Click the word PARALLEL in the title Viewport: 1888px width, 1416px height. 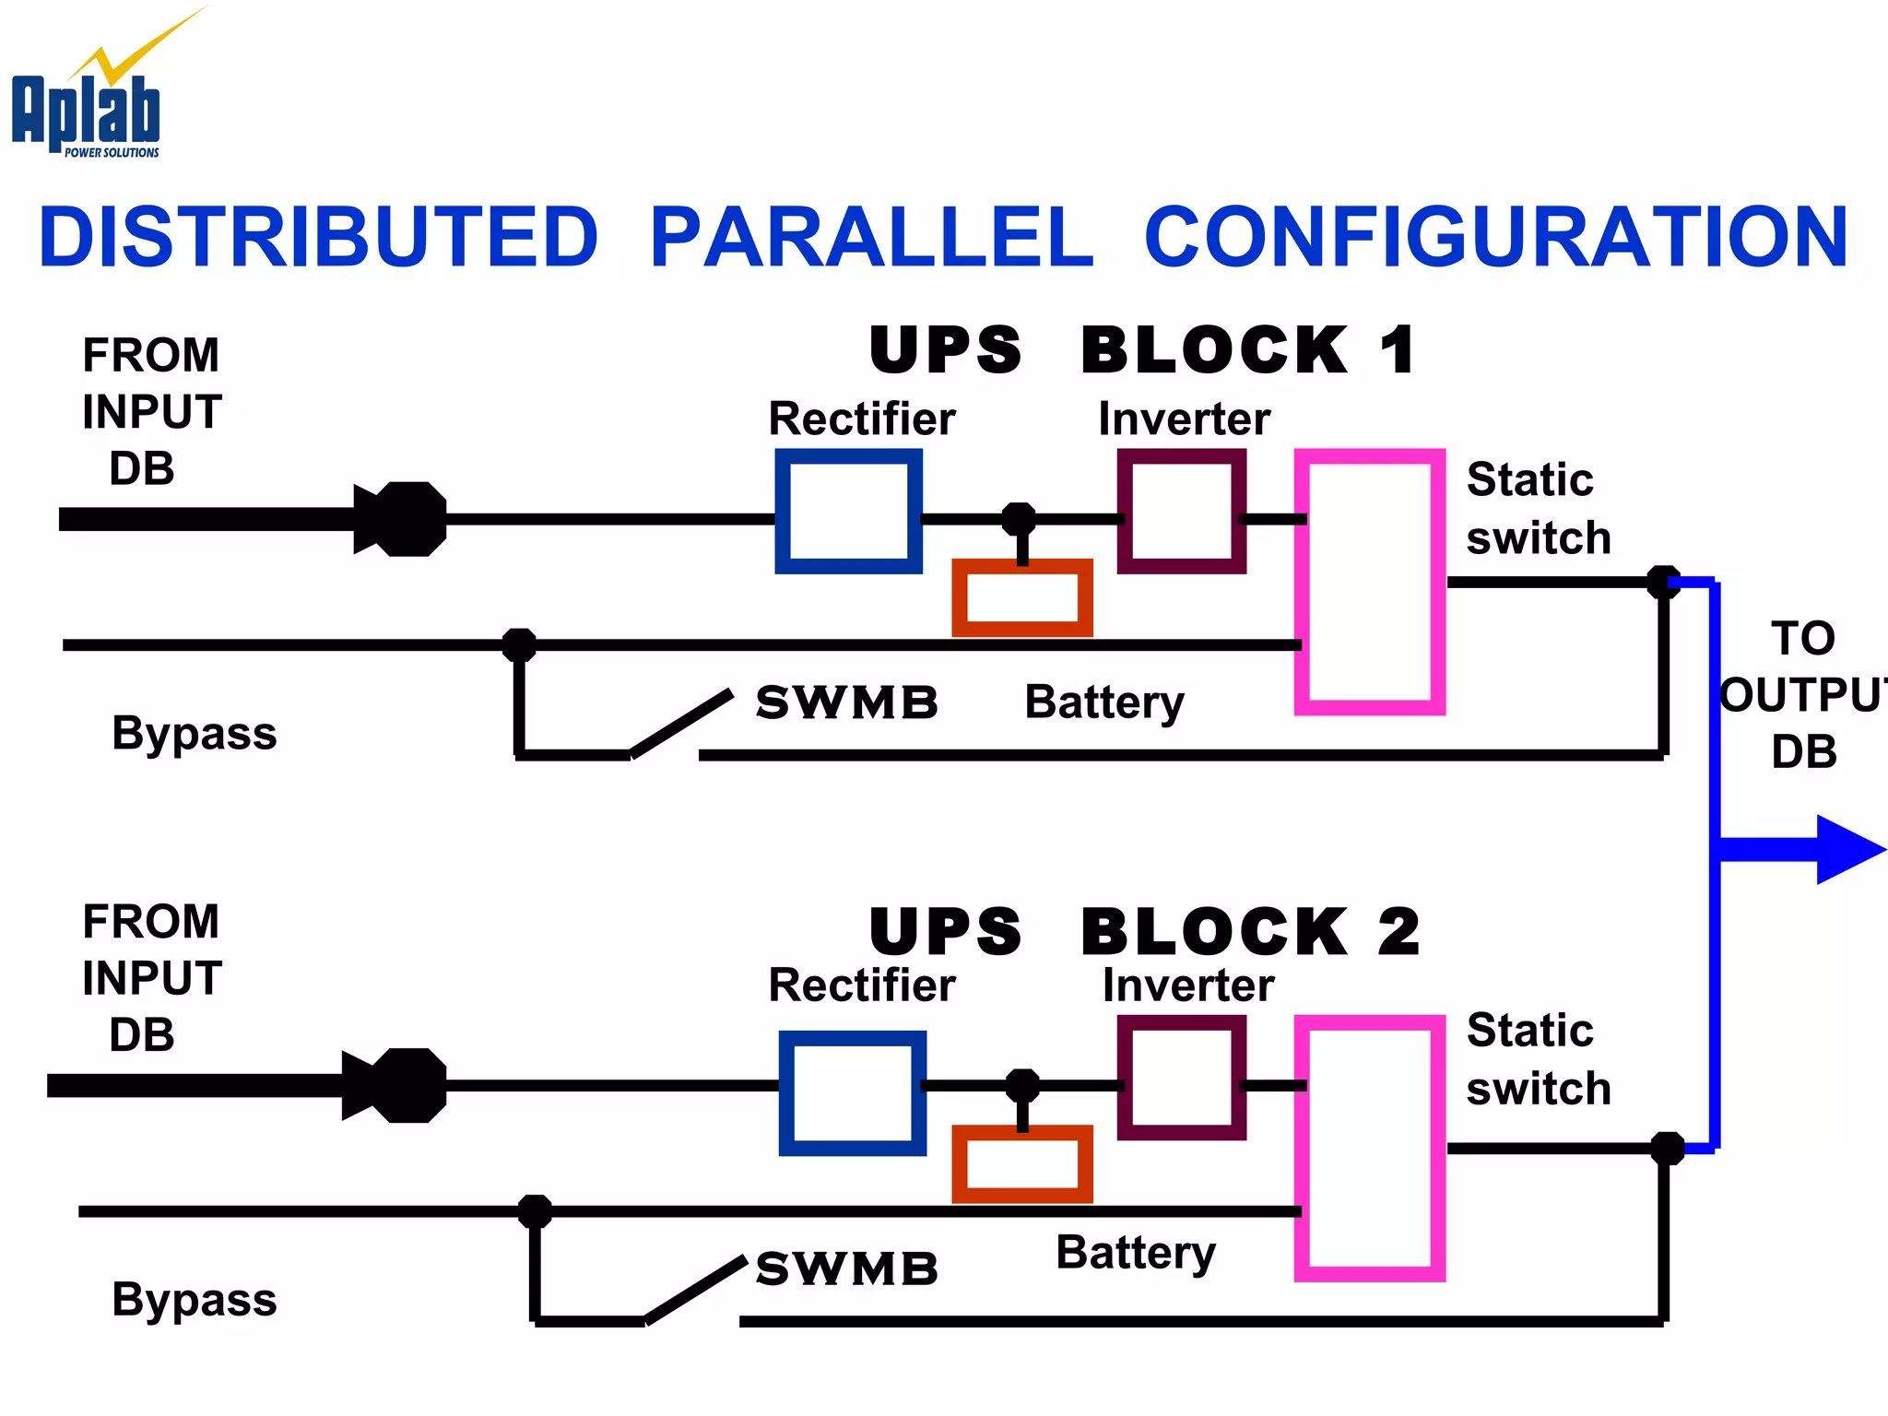(871, 238)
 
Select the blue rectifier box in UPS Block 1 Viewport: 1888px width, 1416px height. (848, 511)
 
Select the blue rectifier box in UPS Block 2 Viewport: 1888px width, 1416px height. (852, 1092)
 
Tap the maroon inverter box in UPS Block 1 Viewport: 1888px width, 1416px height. (1181, 511)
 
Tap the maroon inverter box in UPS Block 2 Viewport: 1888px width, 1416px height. (1181, 1078)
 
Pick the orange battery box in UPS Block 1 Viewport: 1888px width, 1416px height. (1022, 597)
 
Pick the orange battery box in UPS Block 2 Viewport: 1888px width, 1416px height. (1022, 1163)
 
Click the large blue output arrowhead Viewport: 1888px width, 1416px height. (1848, 849)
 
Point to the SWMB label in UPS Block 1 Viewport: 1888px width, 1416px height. (846, 703)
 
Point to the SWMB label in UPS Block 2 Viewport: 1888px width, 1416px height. (846, 1269)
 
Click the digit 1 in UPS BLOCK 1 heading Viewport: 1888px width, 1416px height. (1397, 350)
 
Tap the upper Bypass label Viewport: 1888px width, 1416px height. (194, 734)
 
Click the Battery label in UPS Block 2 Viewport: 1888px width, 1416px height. (1135, 1254)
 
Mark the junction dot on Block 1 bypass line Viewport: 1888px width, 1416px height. (519, 644)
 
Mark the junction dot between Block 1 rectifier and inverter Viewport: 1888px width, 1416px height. (1019, 519)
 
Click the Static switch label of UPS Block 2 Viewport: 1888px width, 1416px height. (1537, 1059)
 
